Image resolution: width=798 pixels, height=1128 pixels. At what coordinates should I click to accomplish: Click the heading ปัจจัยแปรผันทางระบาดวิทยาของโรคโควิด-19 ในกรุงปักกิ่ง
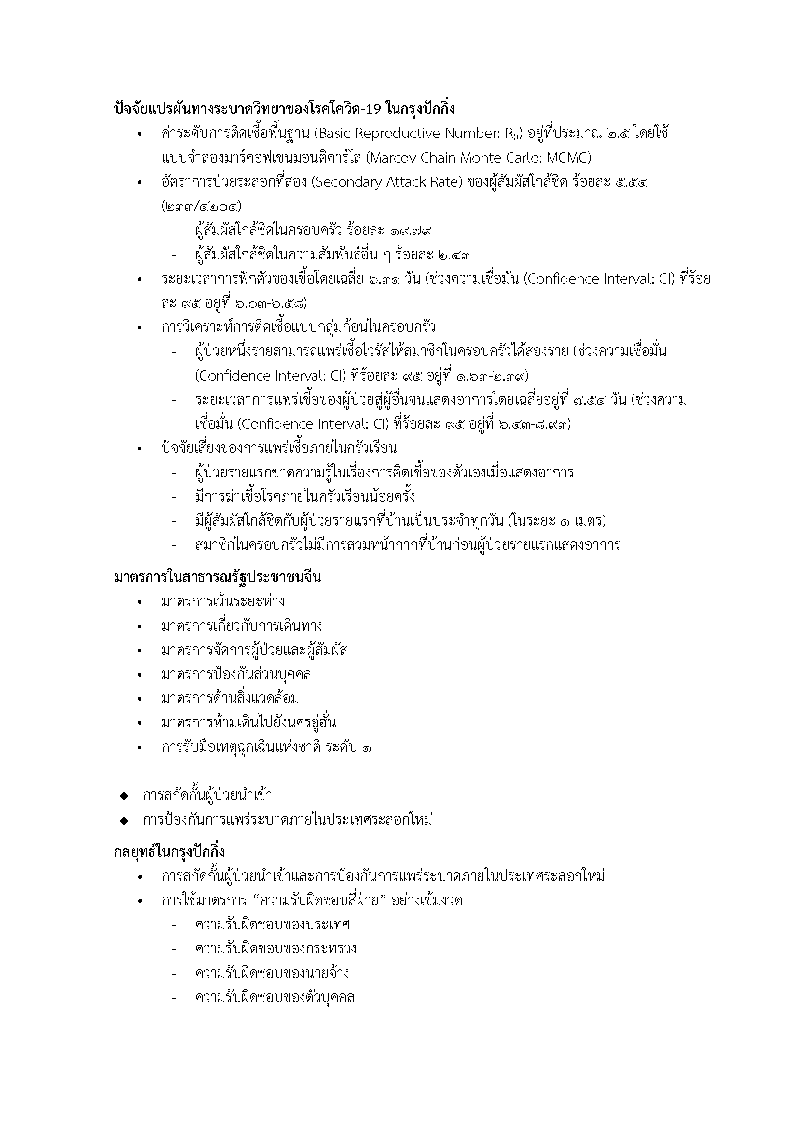[x=285, y=109]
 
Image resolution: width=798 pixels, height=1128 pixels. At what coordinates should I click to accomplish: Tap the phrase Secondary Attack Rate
[x=388, y=182]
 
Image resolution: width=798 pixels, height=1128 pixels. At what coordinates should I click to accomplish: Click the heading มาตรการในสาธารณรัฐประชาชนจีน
[x=217, y=577]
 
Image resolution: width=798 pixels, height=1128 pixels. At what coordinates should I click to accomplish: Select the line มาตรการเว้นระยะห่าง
[x=222, y=601]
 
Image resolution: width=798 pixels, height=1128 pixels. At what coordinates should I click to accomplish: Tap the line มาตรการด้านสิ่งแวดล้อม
[x=230, y=698]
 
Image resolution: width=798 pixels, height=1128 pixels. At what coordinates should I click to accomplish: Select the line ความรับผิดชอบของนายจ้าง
[x=272, y=973]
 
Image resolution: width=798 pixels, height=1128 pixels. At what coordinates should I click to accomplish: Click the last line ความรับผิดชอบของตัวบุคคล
[x=275, y=997]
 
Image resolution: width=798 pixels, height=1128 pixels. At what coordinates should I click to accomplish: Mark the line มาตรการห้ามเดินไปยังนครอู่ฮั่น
[x=248, y=723]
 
